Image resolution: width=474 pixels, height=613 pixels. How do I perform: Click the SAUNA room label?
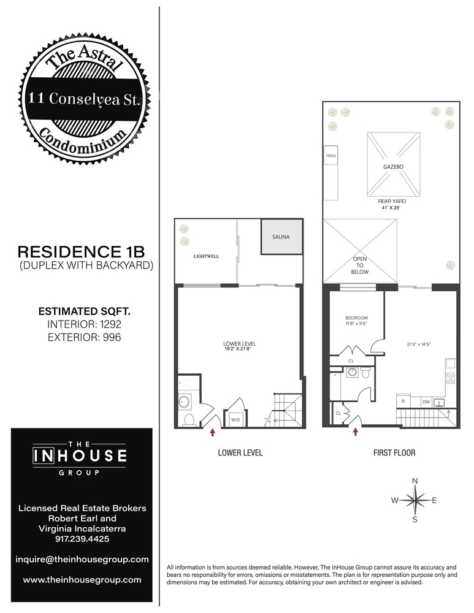click(281, 237)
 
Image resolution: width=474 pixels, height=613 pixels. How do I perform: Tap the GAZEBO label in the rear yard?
click(392, 166)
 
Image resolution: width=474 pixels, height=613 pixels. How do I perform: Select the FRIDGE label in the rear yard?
click(331, 156)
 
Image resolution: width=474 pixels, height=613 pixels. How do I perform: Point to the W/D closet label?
click(235, 419)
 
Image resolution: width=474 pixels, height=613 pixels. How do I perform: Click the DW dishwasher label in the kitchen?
click(426, 402)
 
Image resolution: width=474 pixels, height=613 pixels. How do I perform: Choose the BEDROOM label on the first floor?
click(356, 318)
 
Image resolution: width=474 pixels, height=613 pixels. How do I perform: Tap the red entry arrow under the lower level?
click(213, 433)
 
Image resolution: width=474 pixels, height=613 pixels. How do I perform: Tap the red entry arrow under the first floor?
click(356, 433)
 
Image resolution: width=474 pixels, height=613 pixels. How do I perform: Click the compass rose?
click(415, 500)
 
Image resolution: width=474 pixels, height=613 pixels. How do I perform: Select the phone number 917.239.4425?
click(82, 539)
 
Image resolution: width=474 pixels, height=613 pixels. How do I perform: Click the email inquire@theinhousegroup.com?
click(82, 559)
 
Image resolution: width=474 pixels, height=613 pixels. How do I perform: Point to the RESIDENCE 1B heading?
click(82, 252)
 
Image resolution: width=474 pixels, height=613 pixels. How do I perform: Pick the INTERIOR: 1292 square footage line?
click(82, 324)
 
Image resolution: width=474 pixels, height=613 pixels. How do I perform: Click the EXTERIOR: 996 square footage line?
click(82, 337)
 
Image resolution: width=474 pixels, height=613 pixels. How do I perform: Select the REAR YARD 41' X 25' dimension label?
click(392, 204)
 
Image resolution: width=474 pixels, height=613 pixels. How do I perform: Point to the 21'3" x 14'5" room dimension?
click(419, 345)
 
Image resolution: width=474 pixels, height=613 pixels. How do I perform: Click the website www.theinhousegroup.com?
click(82, 579)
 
